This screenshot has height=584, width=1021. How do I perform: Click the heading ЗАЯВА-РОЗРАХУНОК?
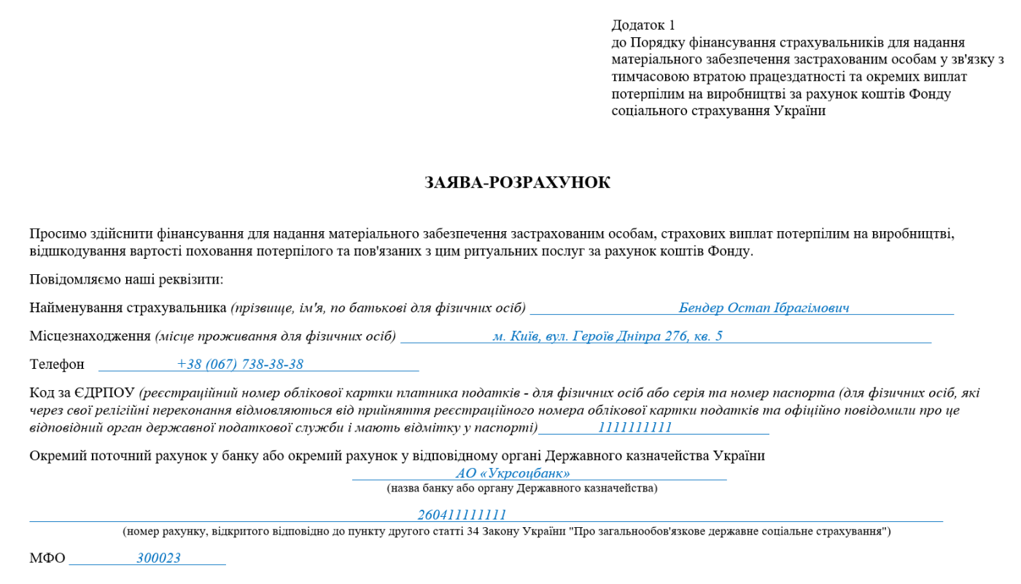point(517,183)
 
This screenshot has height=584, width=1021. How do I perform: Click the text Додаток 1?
point(643,26)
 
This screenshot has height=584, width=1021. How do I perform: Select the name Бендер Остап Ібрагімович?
point(764,308)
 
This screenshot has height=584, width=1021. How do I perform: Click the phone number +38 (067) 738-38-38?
point(240,365)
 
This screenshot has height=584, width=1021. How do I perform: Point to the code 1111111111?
point(634,428)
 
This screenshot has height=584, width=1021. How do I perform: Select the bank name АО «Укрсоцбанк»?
point(512,473)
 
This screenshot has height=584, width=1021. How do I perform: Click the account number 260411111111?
point(462,515)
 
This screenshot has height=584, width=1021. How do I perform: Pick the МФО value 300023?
point(158,558)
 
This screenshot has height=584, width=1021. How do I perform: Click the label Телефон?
point(57,365)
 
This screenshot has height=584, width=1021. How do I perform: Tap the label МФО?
point(47,558)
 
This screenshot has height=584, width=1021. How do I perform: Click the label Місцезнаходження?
point(90,336)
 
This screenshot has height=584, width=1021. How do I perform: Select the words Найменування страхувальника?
point(128,308)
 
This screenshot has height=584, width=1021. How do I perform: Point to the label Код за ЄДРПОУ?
point(82,394)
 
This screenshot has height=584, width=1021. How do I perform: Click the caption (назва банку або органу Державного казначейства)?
point(521,488)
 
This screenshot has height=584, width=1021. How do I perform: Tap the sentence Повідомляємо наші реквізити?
point(126,280)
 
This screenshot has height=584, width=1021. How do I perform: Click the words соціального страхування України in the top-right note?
point(718,111)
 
